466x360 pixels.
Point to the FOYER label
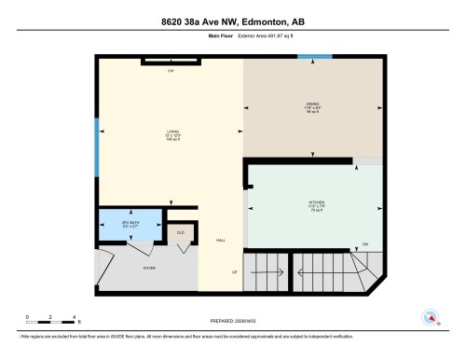tap(148, 268)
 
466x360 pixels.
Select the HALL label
tap(221, 241)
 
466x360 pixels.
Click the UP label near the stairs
tap(235, 271)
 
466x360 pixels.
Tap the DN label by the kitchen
tap(364, 245)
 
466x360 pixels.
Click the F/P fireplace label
tap(171, 72)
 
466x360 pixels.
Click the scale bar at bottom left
tap(50, 317)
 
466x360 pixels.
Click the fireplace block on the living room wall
tap(171, 62)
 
